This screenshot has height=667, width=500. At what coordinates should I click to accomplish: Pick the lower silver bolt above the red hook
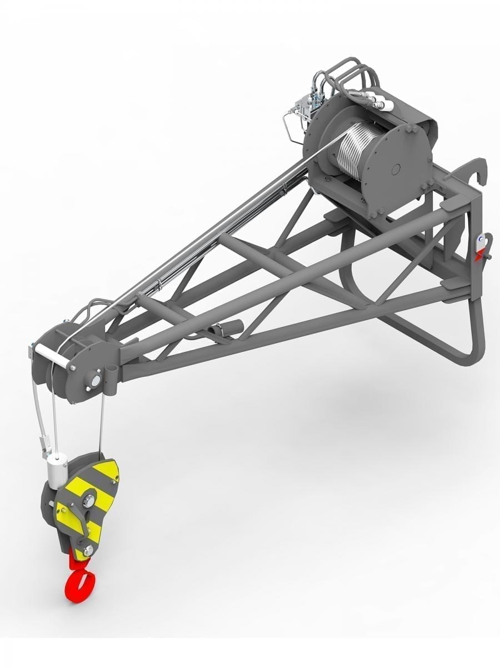coord(87,550)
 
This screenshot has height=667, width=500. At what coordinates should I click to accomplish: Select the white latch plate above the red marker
coord(479,240)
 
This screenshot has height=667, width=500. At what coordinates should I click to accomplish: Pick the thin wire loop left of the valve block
coord(289,127)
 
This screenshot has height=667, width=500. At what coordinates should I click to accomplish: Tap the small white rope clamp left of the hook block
coord(44,445)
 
